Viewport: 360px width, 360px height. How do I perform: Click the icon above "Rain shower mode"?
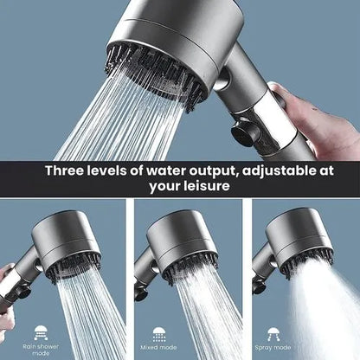[42, 331]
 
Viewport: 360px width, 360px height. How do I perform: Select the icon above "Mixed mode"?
[160, 331]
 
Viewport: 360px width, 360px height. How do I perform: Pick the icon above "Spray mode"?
[280, 331]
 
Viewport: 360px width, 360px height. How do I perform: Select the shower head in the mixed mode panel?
[182, 242]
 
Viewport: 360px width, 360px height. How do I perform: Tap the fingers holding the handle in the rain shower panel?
[7, 286]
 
